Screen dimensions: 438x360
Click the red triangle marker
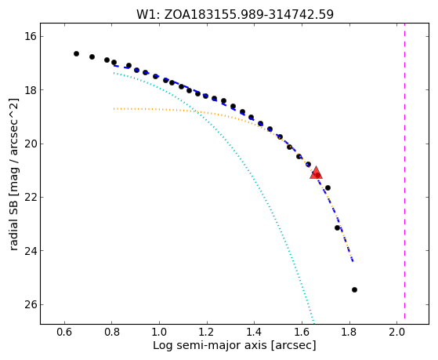[x=316, y=173]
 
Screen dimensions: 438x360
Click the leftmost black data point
[x=76, y=53]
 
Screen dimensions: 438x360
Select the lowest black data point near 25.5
[x=354, y=289]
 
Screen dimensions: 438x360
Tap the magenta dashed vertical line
[x=404, y=174]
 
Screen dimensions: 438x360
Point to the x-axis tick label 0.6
[x=64, y=332]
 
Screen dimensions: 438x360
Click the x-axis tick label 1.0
[x=159, y=332]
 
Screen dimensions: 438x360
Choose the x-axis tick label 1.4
[x=254, y=332]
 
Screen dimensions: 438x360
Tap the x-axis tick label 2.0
[x=396, y=332]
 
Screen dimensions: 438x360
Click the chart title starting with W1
[x=235, y=14]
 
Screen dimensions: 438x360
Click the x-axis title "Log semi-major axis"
[x=209, y=346]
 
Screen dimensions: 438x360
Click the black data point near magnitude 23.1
[x=337, y=228]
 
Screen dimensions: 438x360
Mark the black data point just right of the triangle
[x=328, y=187]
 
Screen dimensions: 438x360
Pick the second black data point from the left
[x=92, y=56]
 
